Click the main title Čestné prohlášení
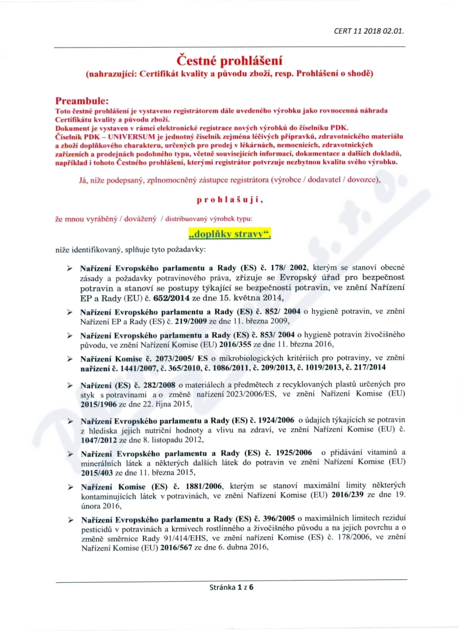(229, 60)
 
